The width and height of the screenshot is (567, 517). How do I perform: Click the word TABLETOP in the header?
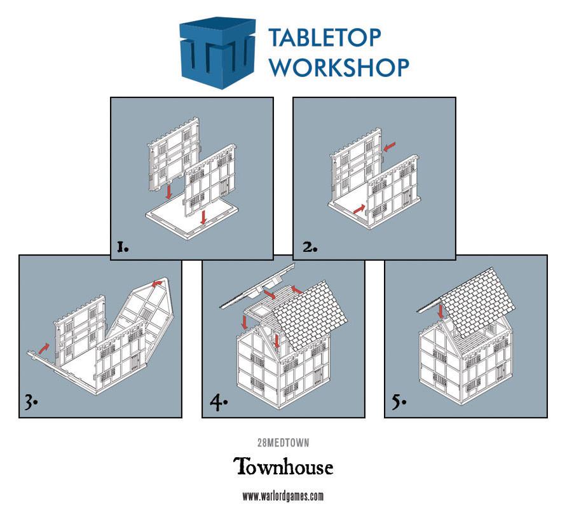click(x=325, y=39)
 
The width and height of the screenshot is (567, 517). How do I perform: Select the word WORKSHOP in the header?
click(x=338, y=66)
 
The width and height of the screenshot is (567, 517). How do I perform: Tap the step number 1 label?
click(x=123, y=247)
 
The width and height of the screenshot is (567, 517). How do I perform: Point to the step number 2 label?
click(x=310, y=247)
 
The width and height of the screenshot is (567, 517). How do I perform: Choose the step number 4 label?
click(x=217, y=403)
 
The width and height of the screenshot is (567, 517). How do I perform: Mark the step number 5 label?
click(x=399, y=403)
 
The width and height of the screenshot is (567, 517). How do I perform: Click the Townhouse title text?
click(x=283, y=467)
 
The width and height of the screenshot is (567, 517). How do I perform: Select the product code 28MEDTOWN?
click(x=283, y=443)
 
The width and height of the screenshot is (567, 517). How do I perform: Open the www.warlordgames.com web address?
click(x=283, y=496)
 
